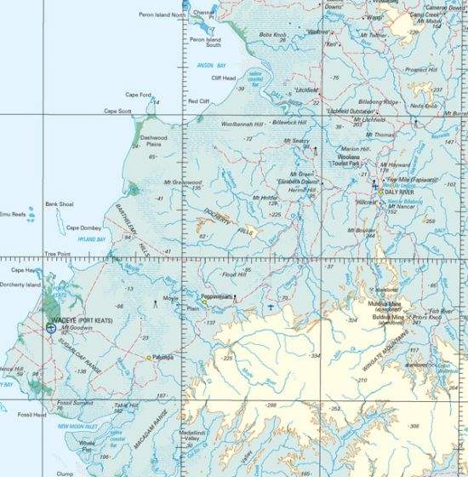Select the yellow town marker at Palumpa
tap(149, 358)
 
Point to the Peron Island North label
tap(161, 15)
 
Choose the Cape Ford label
tap(139, 95)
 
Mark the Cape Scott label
tap(119, 111)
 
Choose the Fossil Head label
tap(31, 415)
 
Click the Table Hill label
tap(126, 406)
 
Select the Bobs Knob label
tap(271, 35)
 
